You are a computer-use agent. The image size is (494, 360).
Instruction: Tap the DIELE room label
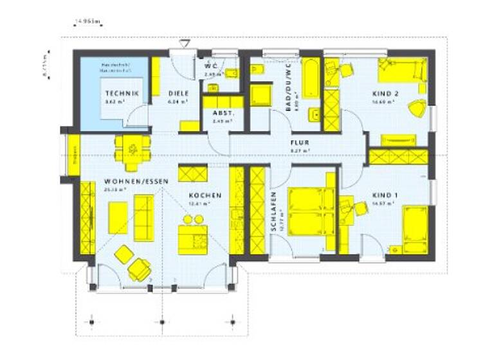177,93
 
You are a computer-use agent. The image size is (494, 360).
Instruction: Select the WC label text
211,66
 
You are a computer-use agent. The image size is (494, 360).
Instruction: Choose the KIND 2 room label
385,94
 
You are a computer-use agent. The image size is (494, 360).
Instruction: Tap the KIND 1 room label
385,195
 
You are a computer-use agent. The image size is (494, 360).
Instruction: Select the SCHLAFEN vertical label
273,212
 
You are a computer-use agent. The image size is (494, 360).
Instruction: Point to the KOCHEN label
205,195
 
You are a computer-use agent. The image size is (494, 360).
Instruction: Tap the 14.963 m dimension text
88,21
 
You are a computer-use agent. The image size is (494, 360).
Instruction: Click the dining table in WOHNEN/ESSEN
133,148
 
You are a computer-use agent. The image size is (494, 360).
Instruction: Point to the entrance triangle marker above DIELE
185,43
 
